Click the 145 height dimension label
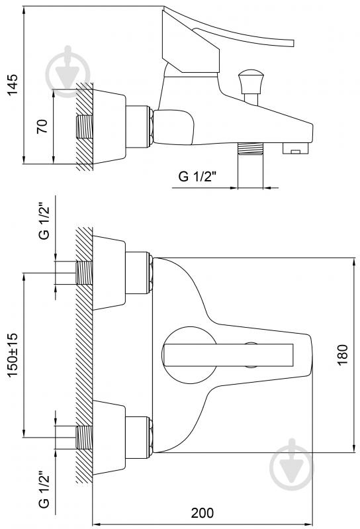[13, 84]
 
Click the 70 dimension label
[42, 126]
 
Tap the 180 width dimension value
[342, 355]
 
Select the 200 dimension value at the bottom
[202, 512]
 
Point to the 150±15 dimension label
[13, 355]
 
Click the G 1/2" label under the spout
[197, 176]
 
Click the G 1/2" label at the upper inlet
[44, 221]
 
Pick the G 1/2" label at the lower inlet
[44, 489]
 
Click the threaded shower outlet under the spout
[250, 148]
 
